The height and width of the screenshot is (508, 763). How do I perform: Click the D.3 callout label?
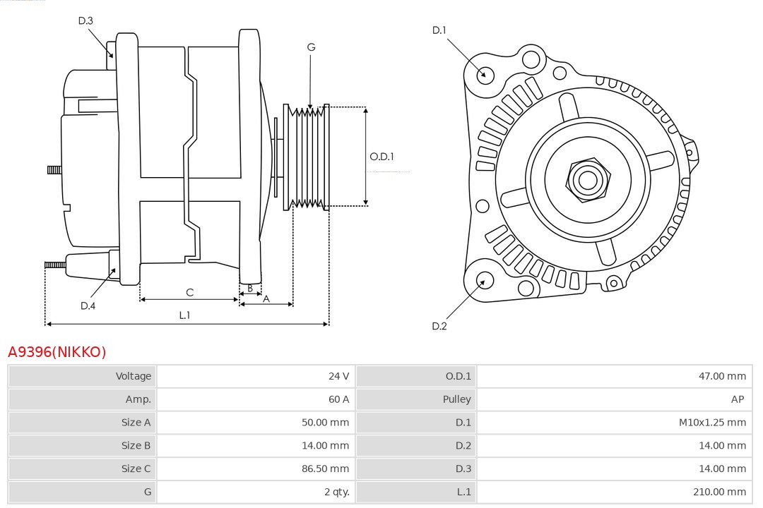85,20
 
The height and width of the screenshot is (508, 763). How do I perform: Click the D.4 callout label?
88,306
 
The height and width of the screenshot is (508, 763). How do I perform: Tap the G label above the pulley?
311,47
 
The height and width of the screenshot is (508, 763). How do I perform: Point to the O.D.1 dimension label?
381,157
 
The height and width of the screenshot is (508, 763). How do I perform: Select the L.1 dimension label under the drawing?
184,315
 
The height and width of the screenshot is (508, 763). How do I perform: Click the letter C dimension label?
189,292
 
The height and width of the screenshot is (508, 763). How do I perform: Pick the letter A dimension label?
266,298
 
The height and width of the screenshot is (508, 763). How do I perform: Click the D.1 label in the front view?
439,30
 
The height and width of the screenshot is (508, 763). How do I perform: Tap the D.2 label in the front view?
439,326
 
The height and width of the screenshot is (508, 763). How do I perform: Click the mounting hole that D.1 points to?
485,74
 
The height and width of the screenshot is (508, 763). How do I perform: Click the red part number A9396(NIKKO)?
57,351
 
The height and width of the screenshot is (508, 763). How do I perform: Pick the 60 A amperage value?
338,399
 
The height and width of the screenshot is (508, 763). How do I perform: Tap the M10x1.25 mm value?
712,423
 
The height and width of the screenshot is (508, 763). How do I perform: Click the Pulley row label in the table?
456,399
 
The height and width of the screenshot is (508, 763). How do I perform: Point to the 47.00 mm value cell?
722,376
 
